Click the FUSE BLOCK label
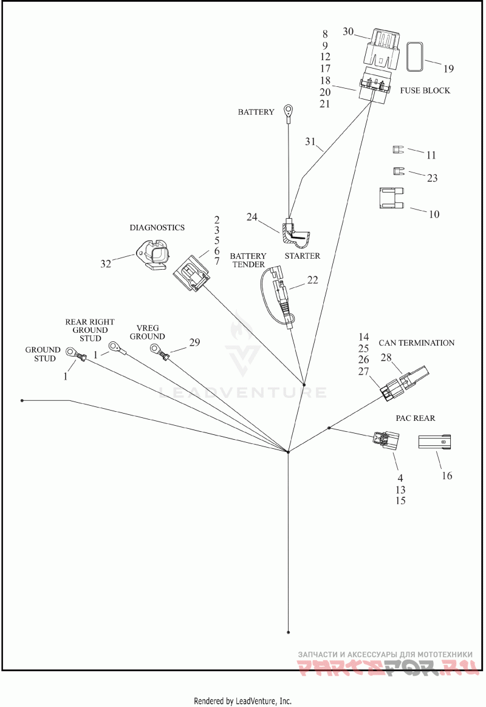pos(425,90)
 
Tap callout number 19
pos(448,69)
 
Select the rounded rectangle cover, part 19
pos(415,56)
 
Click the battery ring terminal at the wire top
pos(287,109)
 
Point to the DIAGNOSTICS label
pos(157,227)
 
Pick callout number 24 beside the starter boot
pos(252,217)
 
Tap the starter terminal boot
pos(296,234)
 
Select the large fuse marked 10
pos(391,199)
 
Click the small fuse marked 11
pos(397,149)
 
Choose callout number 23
pos(432,177)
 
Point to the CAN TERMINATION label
pos(417,343)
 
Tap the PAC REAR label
pos(415,418)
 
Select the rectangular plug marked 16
pos(434,442)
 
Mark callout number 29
pos(194,342)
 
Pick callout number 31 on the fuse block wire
pos(310,142)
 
